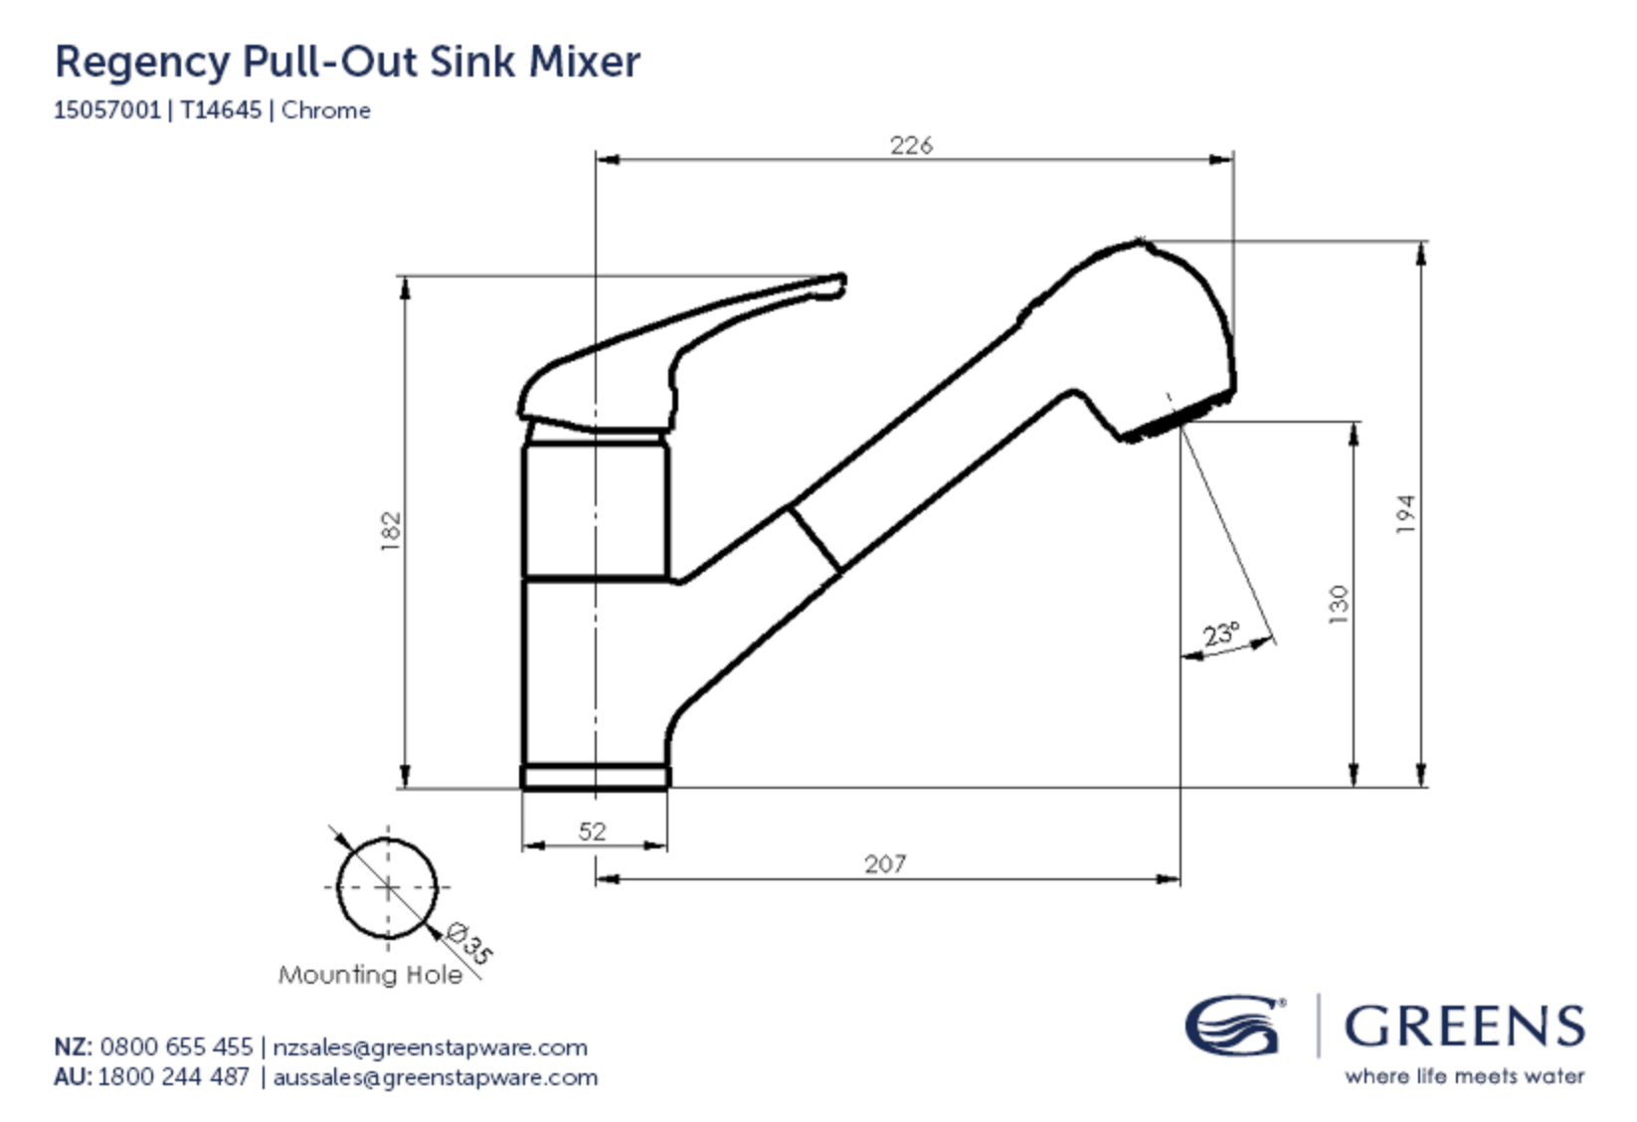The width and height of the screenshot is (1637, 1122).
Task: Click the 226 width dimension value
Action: pos(911,145)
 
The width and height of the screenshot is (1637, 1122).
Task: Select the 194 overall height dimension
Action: pos(1404,514)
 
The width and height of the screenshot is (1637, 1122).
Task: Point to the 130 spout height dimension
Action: pos(1339,604)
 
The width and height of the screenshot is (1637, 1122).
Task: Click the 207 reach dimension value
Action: pos(884,863)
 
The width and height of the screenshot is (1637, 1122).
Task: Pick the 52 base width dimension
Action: pos(592,831)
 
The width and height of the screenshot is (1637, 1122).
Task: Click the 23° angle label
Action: pos(1221,634)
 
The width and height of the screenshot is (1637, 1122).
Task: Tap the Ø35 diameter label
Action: pos(468,942)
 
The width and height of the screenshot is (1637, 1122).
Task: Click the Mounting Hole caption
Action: pos(370,975)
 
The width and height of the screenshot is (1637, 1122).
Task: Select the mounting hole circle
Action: pos(387,886)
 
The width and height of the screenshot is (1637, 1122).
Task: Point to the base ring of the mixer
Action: pos(595,776)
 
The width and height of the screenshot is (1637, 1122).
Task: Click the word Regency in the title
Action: pos(141,62)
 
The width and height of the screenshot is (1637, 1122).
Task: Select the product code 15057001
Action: pos(106,109)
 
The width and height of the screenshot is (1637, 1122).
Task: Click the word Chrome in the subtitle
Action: pos(325,109)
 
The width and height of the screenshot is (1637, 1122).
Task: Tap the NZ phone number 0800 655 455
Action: pos(176,1046)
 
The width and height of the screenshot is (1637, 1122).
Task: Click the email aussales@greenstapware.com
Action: pos(435,1077)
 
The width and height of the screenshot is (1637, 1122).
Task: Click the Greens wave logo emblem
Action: pos(1233,1026)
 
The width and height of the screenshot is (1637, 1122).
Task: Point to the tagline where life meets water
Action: pos(1464,1075)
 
